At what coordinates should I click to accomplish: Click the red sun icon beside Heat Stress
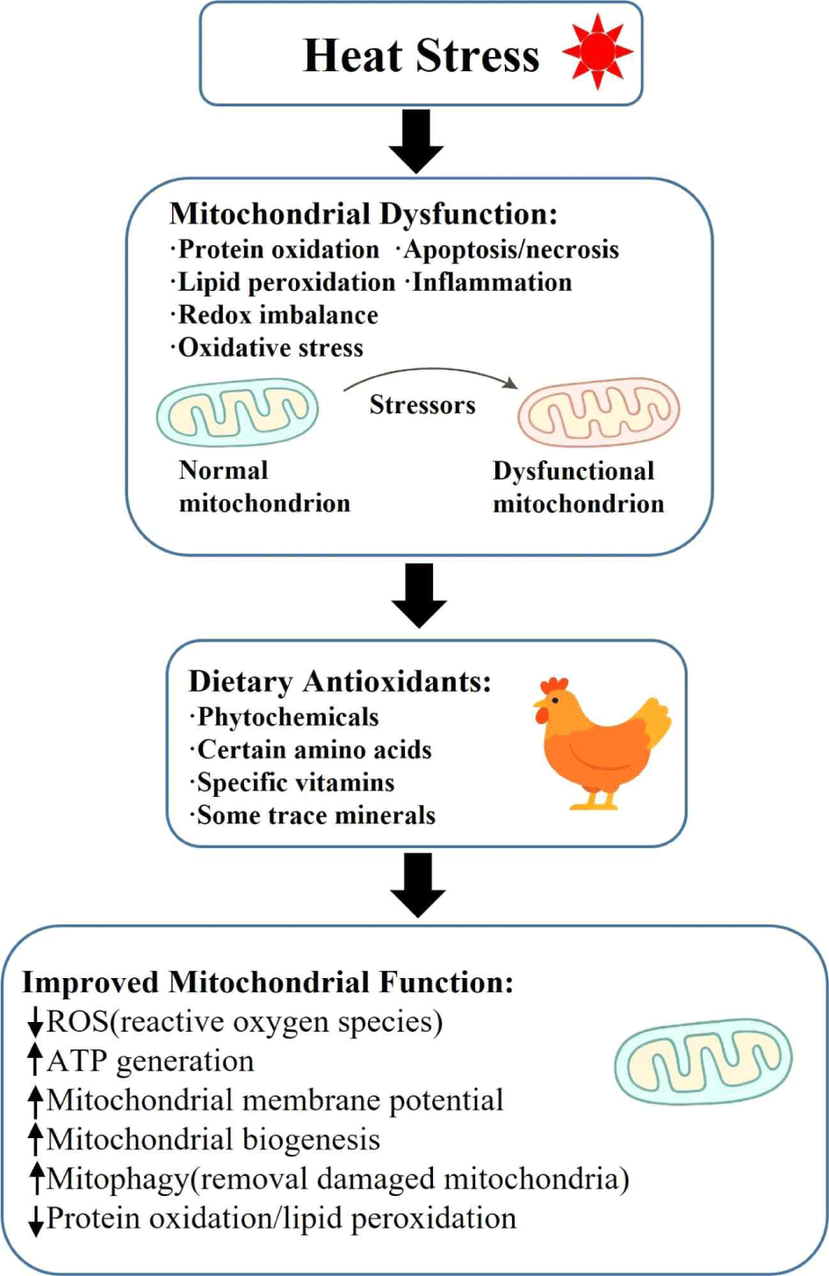pyautogui.click(x=597, y=52)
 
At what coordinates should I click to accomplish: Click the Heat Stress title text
pyautogui.click(x=421, y=55)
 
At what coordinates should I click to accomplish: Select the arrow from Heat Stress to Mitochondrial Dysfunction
pyautogui.click(x=416, y=140)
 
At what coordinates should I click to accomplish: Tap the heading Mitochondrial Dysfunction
pyautogui.click(x=363, y=214)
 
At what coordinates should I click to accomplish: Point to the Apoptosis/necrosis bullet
pyautogui.click(x=510, y=250)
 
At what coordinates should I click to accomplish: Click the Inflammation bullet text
pyautogui.click(x=491, y=282)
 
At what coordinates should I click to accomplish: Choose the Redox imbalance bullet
pyautogui.click(x=278, y=315)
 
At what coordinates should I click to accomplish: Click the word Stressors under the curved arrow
pyautogui.click(x=422, y=404)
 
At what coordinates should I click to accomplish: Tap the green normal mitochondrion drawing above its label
pyautogui.click(x=237, y=411)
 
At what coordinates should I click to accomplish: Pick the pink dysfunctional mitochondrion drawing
pyautogui.click(x=599, y=411)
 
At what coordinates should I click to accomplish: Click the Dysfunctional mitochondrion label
pyautogui.click(x=578, y=487)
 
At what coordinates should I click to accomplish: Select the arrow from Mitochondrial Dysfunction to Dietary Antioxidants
pyautogui.click(x=419, y=595)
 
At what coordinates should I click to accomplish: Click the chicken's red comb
pyautogui.click(x=553, y=685)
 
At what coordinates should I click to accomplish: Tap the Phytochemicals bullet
pyautogui.click(x=287, y=717)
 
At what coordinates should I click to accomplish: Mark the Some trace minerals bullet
pyautogui.click(x=315, y=816)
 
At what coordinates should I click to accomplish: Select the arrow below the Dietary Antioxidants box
pyautogui.click(x=418, y=885)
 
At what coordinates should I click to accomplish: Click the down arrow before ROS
pyautogui.click(x=35, y=1023)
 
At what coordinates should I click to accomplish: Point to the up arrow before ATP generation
pyautogui.click(x=35, y=1061)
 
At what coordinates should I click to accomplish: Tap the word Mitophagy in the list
pyautogui.click(x=117, y=1179)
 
